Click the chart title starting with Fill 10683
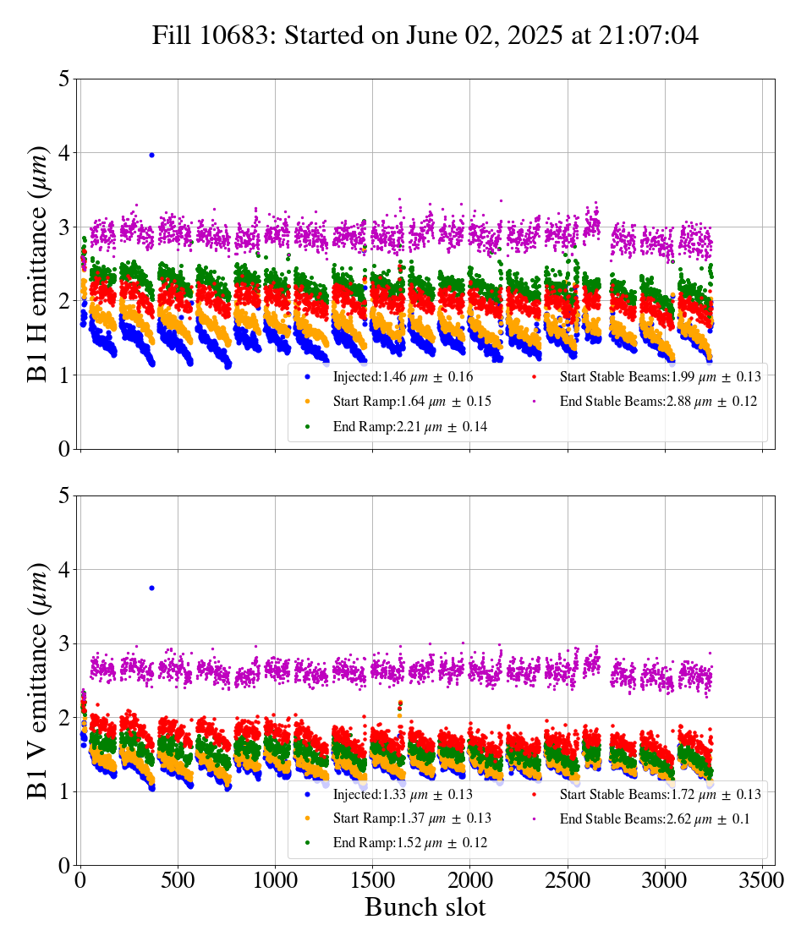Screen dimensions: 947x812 [x=425, y=36]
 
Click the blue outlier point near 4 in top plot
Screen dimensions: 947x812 [x=151, y=155]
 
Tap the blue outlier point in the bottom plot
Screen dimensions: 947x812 [x=151, y=588]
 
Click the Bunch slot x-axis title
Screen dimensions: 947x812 [x=425, y=908]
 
